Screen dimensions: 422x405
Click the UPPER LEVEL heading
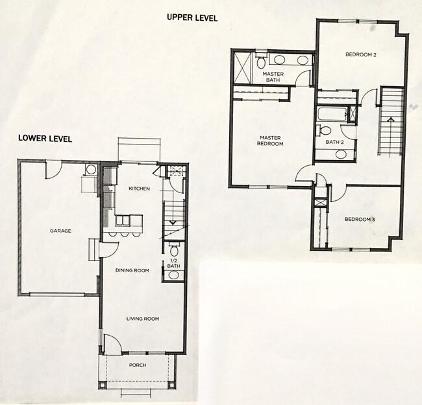pyautogui.click(x=192, y=17)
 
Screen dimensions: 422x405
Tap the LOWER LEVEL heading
pyautogui.click(x=45, y=138)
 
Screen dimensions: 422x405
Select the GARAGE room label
pyautogui.click(x=60, y=231)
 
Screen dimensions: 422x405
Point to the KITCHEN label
pyautogui.click(x=139, y=189)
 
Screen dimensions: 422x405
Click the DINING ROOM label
pyautogui.click(x=132, y=270)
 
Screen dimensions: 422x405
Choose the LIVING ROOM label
pyautogui.click(x=143, y=319)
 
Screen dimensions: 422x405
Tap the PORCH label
pyautogui.click(x=138, y=365)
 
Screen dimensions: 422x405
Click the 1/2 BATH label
pyautogui.click(x=173, y=263)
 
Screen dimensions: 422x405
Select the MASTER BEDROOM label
pyautogui.click(x=270, y=141)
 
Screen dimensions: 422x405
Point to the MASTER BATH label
pyautogui.click(x=273, y=77)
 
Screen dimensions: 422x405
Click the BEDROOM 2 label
pyautogui.click(x=360, y=54)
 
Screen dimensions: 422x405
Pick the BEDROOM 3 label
pyautogui.click(x=360, y=220)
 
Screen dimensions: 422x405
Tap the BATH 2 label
pyautogui.click(x=334, y=142)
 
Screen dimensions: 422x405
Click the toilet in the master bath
pyautogui.click(x=260, y=61)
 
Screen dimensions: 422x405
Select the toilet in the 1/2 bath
pyautogui.click(x=174, y=249)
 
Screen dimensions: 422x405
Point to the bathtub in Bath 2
pyautogui.click(x=331, y=114)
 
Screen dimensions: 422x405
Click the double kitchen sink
pyautogui.click(x=123, y=220)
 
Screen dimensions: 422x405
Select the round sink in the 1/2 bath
pyautogui.click(x=173, y=275)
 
